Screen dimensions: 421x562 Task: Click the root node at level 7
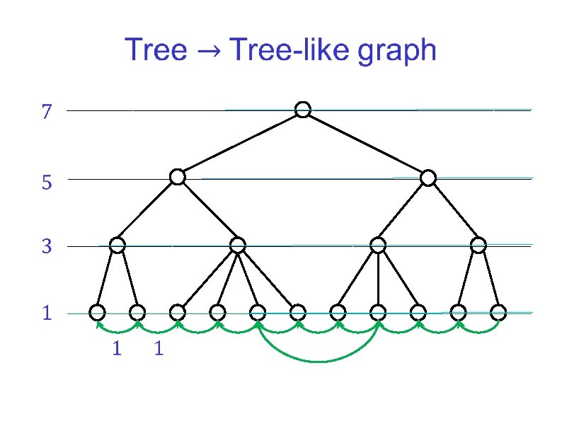coord(303,109)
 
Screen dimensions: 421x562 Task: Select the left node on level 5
coord(178,177)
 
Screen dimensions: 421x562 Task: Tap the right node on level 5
coord(428,178)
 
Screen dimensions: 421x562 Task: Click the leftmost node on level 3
coord(117,246)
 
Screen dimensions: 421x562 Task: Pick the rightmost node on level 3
coord(479,246)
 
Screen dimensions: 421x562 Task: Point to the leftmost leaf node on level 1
coord(98,312)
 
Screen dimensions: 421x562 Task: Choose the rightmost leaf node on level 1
coord(498,312)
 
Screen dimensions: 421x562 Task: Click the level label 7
coord(47,112)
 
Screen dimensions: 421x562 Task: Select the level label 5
coord(47,183)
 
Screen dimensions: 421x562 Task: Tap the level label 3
coord(47,248)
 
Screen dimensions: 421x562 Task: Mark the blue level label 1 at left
coord(47,313)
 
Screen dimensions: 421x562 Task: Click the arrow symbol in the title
coord(210,52)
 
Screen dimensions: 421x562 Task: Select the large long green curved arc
coord(319,360)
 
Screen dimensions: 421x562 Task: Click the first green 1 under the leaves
coord(117,349)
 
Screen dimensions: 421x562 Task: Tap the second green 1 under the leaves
coord(159,349)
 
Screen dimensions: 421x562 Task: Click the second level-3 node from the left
coord(238,246)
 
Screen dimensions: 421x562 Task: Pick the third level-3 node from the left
coord(378,246)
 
